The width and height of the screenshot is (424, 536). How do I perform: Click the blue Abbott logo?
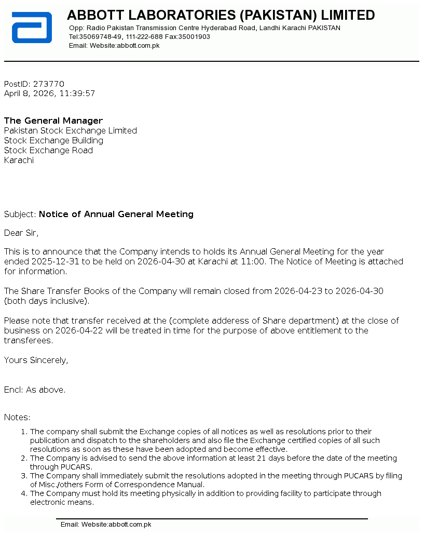[x=32, y=28]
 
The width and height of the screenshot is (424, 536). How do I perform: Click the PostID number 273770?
[x=49, y=84]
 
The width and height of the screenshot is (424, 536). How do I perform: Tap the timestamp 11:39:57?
[x=77, y=94]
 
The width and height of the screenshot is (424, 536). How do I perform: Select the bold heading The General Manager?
[x=53, y=121]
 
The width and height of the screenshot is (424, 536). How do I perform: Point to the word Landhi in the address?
[x=270, y=28]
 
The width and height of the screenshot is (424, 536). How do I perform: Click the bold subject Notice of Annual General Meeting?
[x=116, y=215]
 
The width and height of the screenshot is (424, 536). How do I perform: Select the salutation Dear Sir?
[x=21, y=233]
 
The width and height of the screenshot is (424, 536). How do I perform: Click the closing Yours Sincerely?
[x=36, y=360]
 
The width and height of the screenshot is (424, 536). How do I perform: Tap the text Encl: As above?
[x=35, y=390]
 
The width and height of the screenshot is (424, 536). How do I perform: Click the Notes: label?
[x=17, y=418]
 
